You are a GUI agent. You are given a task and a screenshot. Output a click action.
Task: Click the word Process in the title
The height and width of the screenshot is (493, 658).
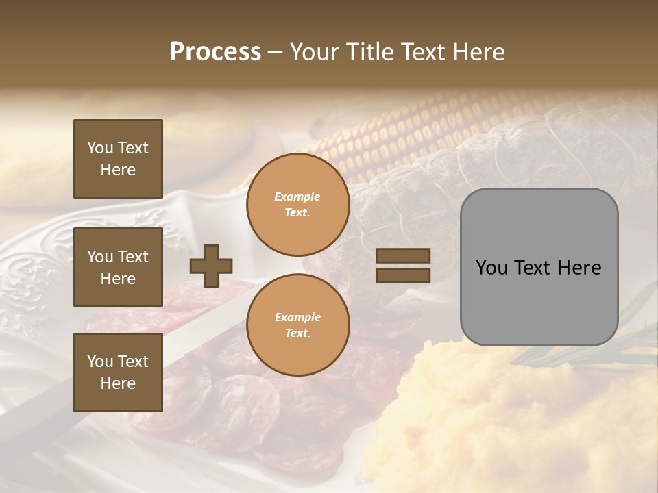click(215, 52)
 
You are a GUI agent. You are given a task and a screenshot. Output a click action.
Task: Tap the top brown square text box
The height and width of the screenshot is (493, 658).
click(118, 159)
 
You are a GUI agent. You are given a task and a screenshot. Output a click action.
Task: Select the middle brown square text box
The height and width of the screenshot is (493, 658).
click(118, 267)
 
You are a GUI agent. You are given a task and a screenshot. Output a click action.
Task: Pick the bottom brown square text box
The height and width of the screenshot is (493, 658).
click(118, 372)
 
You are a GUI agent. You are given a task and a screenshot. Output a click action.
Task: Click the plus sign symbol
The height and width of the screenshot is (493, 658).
click(211, 266)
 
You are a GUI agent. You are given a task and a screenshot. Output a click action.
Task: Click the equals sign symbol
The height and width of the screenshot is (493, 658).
click(403, 266)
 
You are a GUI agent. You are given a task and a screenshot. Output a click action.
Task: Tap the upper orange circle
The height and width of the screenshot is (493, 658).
click(297, 205)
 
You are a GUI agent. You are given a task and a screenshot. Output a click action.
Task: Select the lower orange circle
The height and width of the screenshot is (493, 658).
click(297, 325)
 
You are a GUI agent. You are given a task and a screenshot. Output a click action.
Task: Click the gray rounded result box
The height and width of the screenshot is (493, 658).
click(539, 267)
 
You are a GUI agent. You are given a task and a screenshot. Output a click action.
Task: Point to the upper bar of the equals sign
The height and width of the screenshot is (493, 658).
click(403, 256)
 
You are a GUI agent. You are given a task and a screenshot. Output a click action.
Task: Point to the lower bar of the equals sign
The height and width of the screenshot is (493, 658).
click(403, 276)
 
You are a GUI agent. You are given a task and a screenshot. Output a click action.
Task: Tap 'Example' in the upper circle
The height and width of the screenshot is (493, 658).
click(297, 197)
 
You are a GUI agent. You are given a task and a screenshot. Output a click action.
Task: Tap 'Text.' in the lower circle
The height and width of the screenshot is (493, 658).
click(297, 333)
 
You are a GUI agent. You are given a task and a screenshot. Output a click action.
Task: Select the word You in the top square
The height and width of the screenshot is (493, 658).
click(100, 148)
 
